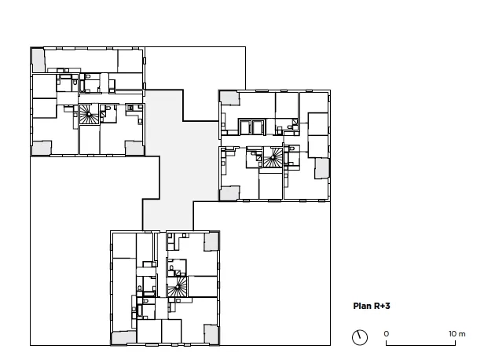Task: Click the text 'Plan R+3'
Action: pos(372,306)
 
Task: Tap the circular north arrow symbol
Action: pos(360,337)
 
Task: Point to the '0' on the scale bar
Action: pos(387,334)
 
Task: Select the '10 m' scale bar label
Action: pos(457,334)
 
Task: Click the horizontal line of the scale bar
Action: pos(421,345)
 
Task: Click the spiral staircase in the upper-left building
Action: pos(89,114)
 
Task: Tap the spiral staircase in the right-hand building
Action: pos(273,157)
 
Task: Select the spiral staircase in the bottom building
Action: pos(178,287)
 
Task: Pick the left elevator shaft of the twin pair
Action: pos(245,127)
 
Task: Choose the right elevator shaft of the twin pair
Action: pos(258,127)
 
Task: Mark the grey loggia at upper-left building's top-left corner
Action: pos(38,60)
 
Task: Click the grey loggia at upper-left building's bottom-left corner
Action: pos(42,148)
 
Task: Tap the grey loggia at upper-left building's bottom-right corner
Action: pos(134,148)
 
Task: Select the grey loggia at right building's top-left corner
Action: pos(229,98)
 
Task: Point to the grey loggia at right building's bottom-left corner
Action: pos(229,193)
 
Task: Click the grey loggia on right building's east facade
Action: pos(322,168)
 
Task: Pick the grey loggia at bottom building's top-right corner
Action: pos(211,242)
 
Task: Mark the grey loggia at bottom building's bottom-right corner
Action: pos(211,334)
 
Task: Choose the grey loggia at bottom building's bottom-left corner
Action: pos(124,337)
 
